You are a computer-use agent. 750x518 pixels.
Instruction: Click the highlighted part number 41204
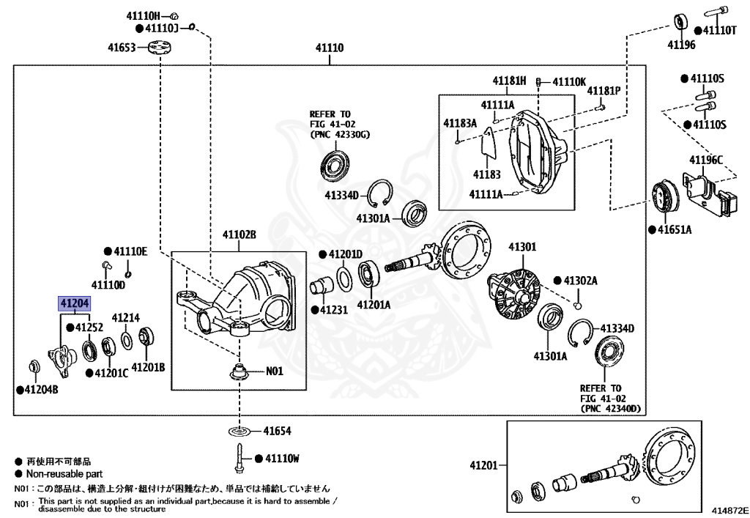[75, 303]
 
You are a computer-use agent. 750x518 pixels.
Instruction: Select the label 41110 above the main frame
[330, 48]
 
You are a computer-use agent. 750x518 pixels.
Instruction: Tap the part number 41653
[122, 48]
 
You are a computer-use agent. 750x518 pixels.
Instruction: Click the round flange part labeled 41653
[159, 48]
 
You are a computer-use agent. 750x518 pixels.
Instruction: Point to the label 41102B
[240, 234]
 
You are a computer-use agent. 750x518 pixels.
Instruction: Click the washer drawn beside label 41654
[240, 432]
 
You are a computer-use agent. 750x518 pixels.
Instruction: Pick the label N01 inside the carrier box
[275, 371]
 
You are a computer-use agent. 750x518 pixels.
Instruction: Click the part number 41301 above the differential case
[522, 247]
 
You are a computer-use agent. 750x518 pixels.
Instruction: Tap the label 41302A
[581, 281]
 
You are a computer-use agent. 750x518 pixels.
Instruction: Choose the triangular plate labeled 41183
[489, 144]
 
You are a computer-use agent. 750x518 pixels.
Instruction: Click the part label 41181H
[510, 81]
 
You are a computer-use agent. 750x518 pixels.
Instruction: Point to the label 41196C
[706, 160]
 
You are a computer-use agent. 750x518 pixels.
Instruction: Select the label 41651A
[675, 229]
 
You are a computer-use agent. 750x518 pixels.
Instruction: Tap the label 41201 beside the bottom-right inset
[483, 465]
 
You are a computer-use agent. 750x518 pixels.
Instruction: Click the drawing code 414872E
[729, 511]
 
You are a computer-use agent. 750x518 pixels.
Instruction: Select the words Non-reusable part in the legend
[64, 474]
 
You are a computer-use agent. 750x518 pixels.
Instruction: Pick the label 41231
[334, 310]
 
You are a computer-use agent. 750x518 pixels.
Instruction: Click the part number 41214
[126, 317]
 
